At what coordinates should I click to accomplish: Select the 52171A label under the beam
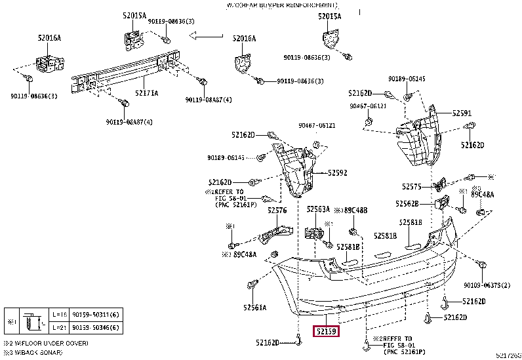[x=146, y=93]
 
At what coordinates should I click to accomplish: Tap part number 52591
[x=462, y=113]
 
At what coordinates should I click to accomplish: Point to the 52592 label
[x=337, y=173]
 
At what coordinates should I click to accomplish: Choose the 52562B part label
[x=408, y=204]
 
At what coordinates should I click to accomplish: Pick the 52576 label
[x=277, y=210]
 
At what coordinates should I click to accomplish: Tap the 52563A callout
[x=318, y=210]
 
